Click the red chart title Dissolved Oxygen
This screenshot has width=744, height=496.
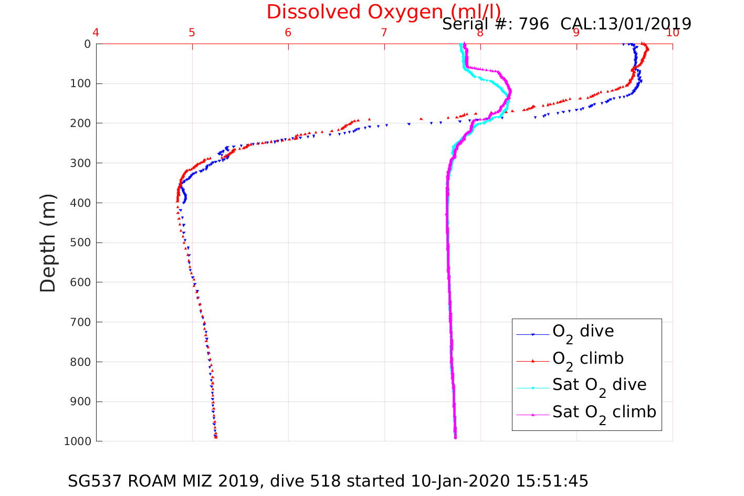[x=383, y=12]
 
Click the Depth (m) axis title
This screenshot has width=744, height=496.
[x=48, y=242]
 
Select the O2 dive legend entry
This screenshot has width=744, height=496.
[x=583, y=332]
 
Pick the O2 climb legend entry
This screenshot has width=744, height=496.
[x=588, y=359]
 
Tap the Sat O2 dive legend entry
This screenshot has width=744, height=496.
[x=599, y=385]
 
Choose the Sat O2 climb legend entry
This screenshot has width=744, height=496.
[x=604, y=413]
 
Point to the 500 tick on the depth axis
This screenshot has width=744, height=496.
[x=81, y=242]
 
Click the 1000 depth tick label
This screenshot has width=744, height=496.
[x=77, y=441]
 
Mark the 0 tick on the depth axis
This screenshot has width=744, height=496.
[x=88, y=44]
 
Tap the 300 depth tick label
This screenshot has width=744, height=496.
[x=81, y=163]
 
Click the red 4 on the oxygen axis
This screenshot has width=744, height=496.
[x=96, y=33]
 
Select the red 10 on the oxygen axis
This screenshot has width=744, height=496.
[x=673, y=33]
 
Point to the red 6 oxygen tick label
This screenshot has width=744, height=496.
[x=288, y=33]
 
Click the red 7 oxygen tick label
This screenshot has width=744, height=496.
[x=384, y=33]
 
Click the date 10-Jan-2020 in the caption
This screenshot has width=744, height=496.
[x=460, y=481]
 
